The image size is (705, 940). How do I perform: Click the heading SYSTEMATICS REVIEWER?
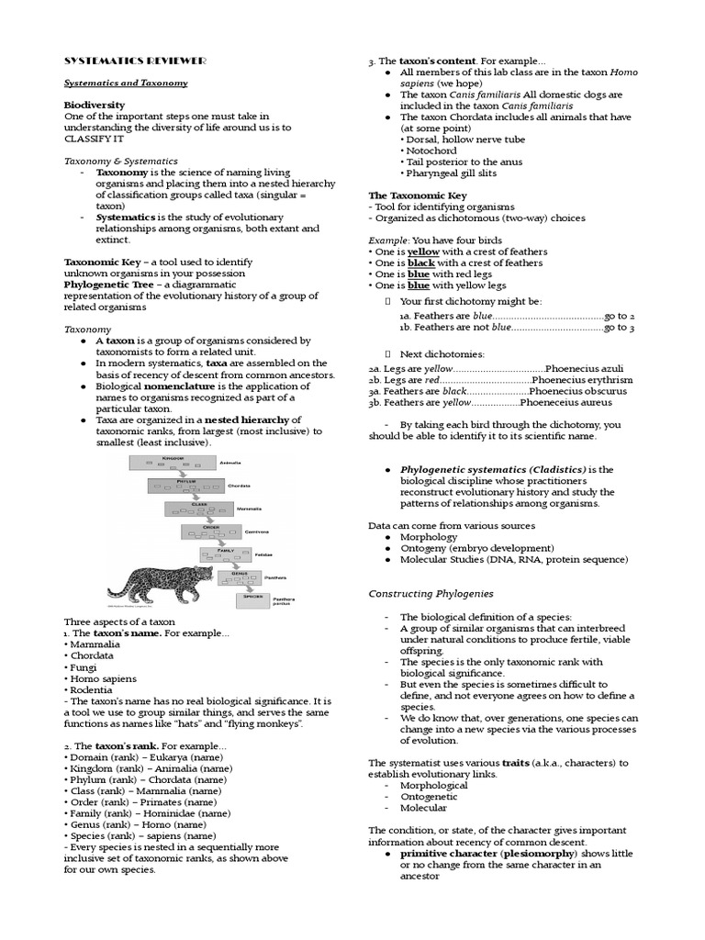click(x=135, y=61)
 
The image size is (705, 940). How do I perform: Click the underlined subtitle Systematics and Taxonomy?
click(x=126, y=83)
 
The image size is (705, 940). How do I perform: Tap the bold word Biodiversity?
click(x=95, y=106)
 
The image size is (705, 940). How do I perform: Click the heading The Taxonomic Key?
click(x=418, y=196)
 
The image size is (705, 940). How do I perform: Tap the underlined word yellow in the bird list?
click(x=423, y=252)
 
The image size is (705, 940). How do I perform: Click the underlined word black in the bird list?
click(x=421, y=263)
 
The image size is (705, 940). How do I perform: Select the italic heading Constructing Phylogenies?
click(x=431, y=594)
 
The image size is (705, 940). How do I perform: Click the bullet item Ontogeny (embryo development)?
click(x=476, y=548)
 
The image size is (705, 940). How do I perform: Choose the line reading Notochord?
click(x=431, y=151)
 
